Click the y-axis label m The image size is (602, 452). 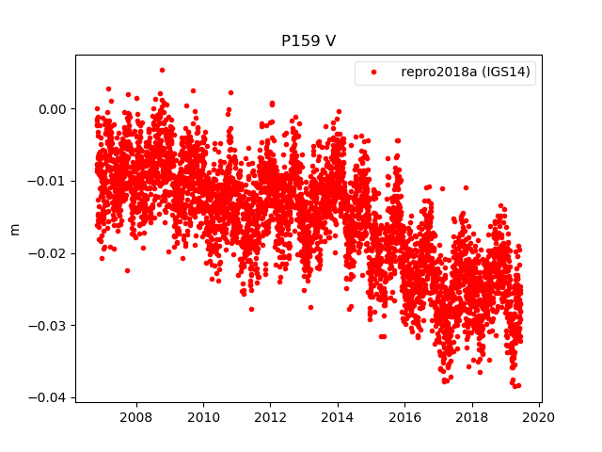click(x=14, y=228)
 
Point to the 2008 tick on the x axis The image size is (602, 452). click(x=136, y=416)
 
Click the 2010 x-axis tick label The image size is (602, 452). click(x=203, y=416)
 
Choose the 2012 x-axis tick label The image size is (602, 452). click(x=271, y=416)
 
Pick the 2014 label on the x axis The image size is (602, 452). click(x=338, y=416)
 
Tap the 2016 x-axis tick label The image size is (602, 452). click(x=404, y=416)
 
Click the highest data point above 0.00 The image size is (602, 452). click(x=162, y=70)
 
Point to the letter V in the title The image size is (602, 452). click(x=331, y=41)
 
